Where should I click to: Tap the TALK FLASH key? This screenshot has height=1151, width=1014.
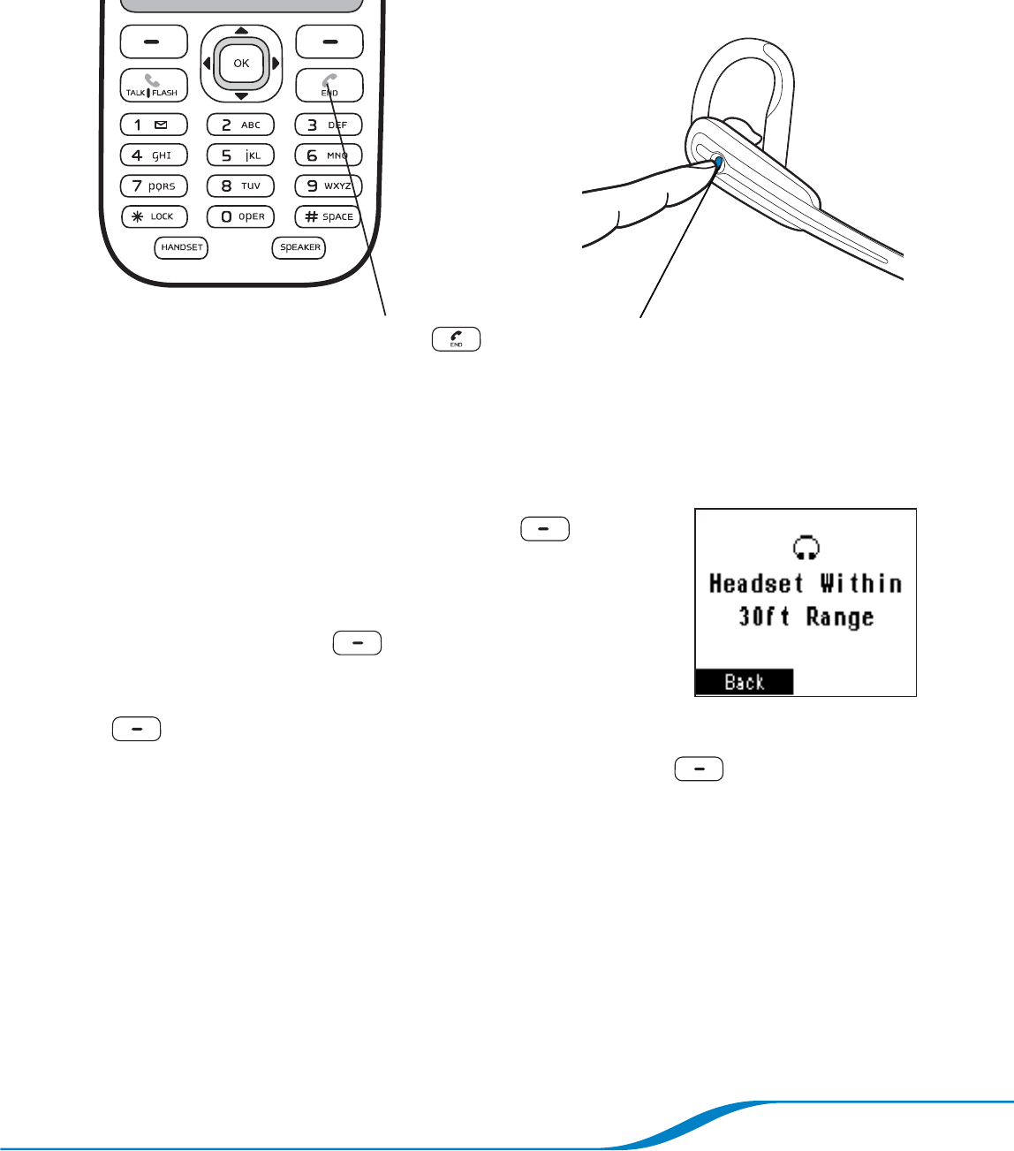(154, 85)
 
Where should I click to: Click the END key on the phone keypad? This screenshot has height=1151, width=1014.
(329, 85)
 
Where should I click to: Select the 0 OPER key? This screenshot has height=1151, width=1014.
(240, 216)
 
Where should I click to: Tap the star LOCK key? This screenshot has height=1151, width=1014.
(154, 216)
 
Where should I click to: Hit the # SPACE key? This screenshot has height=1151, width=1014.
(328, 216)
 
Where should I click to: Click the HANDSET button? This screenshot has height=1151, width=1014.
(181, 247)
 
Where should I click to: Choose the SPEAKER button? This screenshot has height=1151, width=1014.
(299, 247)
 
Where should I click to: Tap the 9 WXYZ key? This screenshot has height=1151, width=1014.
(328, 186)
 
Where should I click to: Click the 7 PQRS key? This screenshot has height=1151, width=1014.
(154, 186)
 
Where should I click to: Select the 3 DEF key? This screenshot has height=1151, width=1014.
(328, 125)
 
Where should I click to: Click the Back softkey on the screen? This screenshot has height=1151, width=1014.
(744, 682)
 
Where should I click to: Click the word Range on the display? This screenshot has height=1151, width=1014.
(839, 617)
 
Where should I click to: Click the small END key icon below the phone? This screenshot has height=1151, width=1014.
(456, 339)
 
